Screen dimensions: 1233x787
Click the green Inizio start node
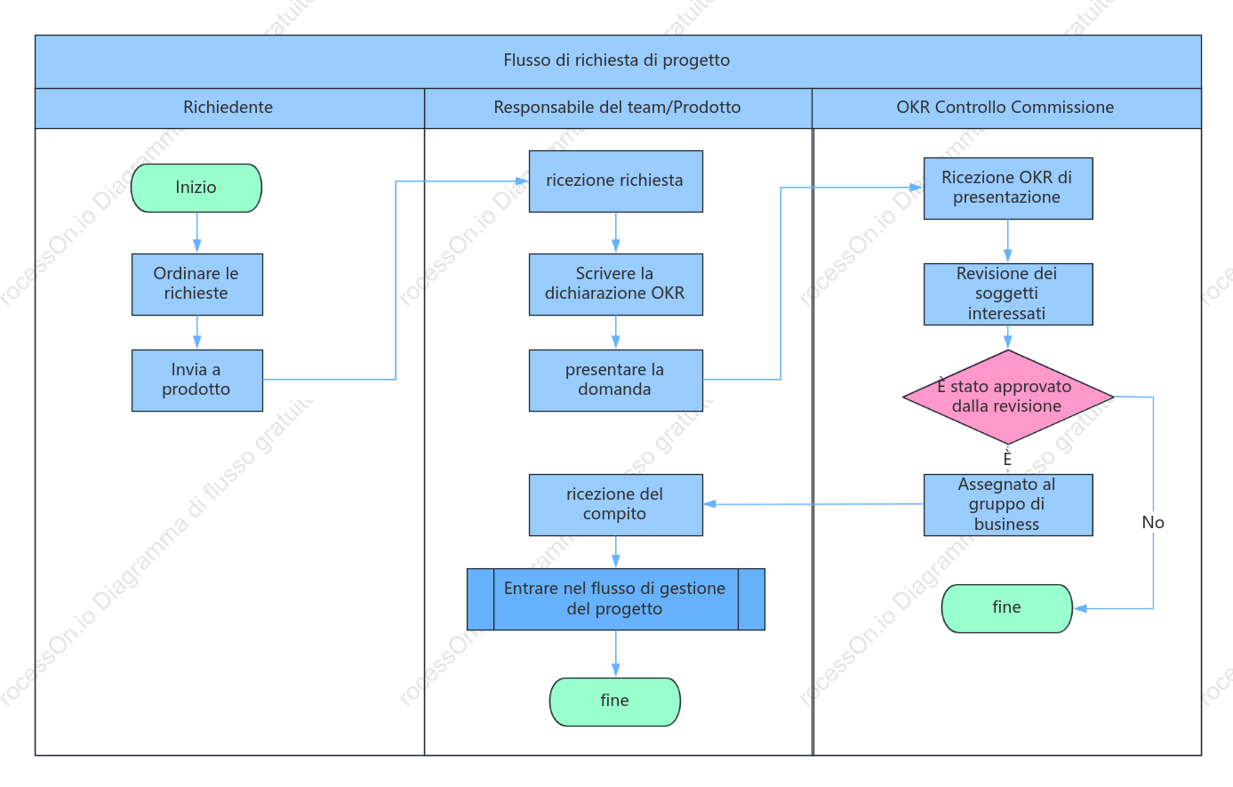coord(196,188)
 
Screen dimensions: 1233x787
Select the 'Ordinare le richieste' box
coord(197,285)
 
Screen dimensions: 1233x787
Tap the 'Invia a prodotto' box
coord(197,380)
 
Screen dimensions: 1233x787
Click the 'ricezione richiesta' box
coord(616,181)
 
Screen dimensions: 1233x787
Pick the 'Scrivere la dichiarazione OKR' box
coord(616,285)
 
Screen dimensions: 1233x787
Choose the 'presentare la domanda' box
coord(616,380)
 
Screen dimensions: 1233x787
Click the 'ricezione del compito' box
coord(616,504)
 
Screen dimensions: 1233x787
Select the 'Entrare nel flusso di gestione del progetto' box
coord(616,599)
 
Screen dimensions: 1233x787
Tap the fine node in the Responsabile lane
coord(615,702)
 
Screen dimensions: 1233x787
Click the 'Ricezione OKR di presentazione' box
coord(1008,189)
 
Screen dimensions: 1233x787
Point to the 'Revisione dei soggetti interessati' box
coord(1008,294)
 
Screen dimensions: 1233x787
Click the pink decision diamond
coord(1008,397)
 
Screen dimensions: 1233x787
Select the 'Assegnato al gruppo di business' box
coord(1008,504)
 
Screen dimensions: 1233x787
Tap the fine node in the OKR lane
coord(1007,608)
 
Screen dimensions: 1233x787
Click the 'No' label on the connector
coord(1153,522)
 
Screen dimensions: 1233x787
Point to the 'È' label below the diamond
coord(1007,458)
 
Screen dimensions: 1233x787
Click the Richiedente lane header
coord(229,108)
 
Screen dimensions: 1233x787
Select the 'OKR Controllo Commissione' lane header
coord(1006,108)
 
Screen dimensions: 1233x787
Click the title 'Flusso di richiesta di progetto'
coord(617,60)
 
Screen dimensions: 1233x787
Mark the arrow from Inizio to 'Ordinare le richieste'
coord(197,232)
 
